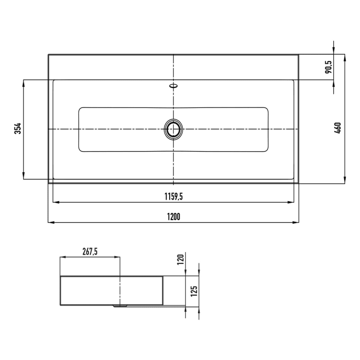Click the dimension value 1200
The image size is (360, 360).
[173, 217]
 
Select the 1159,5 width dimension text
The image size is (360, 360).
[173, 196]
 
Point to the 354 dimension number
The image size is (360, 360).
[17, 129]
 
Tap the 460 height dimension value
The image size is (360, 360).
[337, 127]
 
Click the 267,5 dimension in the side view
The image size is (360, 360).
[90, 251]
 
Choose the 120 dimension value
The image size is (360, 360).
[179, 259]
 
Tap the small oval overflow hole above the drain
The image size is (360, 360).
[173, 85]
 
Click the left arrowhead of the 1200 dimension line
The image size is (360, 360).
[50, 222]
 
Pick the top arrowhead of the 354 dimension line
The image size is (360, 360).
[24, 83]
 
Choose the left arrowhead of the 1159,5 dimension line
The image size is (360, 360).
[56, 202]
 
